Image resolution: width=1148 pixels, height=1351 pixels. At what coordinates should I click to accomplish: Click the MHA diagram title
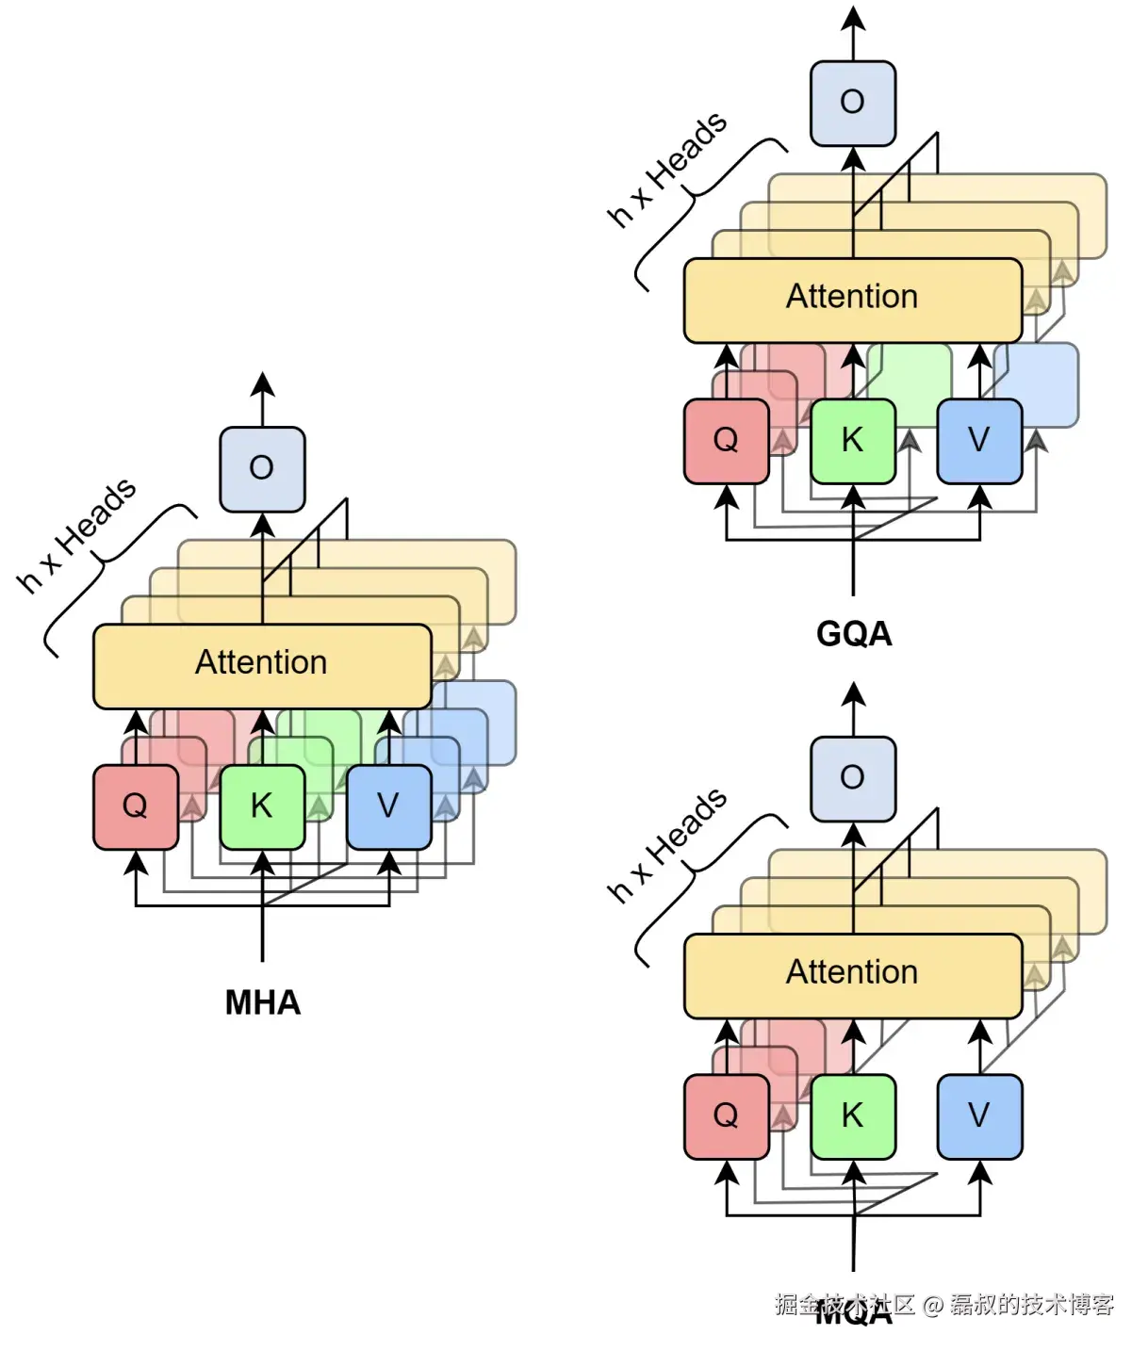[x=262, y=1002]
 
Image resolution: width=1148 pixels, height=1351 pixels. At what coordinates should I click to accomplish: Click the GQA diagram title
[x=854, y=633]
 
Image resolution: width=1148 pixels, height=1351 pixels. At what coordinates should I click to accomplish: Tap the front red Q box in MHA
[x=136, y=806]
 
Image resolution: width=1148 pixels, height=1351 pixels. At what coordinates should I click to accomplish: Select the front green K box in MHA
[x=262, y=806]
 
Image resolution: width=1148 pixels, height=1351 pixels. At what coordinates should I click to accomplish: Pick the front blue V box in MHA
[x=388, y=806]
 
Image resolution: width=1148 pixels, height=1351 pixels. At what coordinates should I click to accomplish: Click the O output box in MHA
[x=262, y=468]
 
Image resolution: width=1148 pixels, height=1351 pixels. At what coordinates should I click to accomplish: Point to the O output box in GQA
[x=853, y=103]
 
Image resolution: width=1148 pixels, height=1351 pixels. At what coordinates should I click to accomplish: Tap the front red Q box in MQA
[x=726, y=1116]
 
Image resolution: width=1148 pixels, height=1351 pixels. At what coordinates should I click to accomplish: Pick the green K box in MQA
[x=852, y=1116]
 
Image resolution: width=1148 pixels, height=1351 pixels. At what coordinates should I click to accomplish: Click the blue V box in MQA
[x=979, y=1116]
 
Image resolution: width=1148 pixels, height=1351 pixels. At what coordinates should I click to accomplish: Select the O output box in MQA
[x=853, y=778]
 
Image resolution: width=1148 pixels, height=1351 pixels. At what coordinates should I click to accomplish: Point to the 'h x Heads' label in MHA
[x=77, y=535]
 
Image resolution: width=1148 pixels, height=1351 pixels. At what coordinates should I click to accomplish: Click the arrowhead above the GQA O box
[x=853, y=19]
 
